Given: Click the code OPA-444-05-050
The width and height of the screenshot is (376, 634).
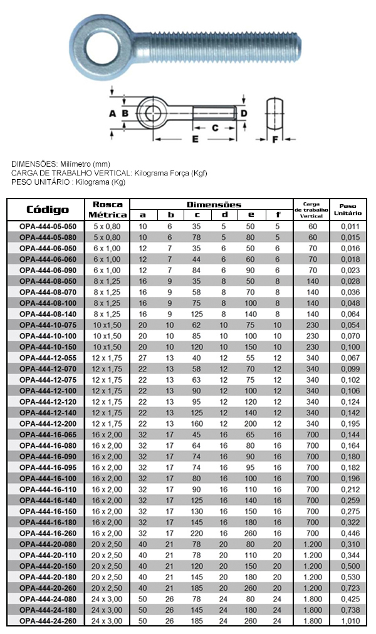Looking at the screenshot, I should (x=48, y=226).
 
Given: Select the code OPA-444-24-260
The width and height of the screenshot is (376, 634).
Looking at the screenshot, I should (x=48, y=621).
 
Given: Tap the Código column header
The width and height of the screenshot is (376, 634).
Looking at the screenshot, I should (x=48, y=210).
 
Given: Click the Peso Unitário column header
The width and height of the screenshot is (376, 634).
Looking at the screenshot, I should (x=348, y=210).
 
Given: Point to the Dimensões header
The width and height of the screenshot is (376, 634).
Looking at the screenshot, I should (x=214, y=205).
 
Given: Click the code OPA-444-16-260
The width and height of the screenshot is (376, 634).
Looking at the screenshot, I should (x=48, y=533).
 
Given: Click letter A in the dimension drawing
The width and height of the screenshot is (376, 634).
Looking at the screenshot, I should (x=112, y=113).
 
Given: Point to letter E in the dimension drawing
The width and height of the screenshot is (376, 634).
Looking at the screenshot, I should (x=195, y=139).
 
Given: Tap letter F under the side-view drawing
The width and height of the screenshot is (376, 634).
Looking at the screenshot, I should (x=274, y=139).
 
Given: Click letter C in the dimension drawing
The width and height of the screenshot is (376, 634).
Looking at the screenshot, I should (x=214, y=127).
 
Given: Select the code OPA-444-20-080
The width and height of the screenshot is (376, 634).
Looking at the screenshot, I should (x=48, y=544).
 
